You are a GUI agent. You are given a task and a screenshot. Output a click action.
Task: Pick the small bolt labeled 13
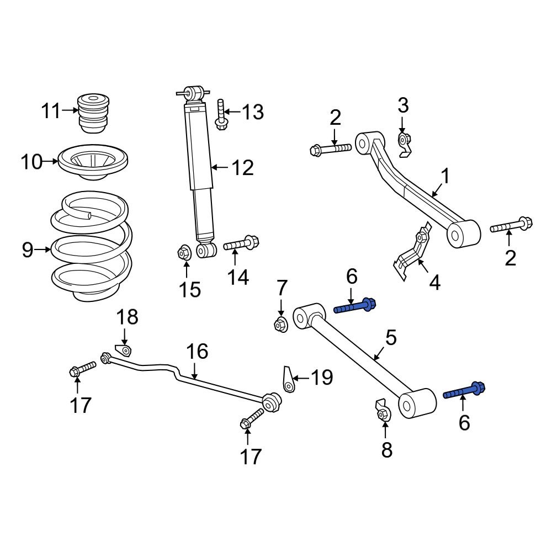click(221, 114)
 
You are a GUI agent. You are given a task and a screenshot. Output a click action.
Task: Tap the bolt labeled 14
click(241, 243)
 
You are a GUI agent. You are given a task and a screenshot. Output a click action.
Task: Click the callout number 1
click(445, 177)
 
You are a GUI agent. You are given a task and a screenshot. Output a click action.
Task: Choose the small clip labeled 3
click(405, 144)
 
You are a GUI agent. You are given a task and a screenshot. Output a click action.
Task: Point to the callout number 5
click(391, 338)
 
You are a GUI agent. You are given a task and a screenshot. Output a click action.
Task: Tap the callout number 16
click(197, 351)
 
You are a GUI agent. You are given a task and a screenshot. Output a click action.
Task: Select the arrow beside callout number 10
click(51, 162)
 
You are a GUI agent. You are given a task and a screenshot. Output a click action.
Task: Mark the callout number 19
click(321, 378)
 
